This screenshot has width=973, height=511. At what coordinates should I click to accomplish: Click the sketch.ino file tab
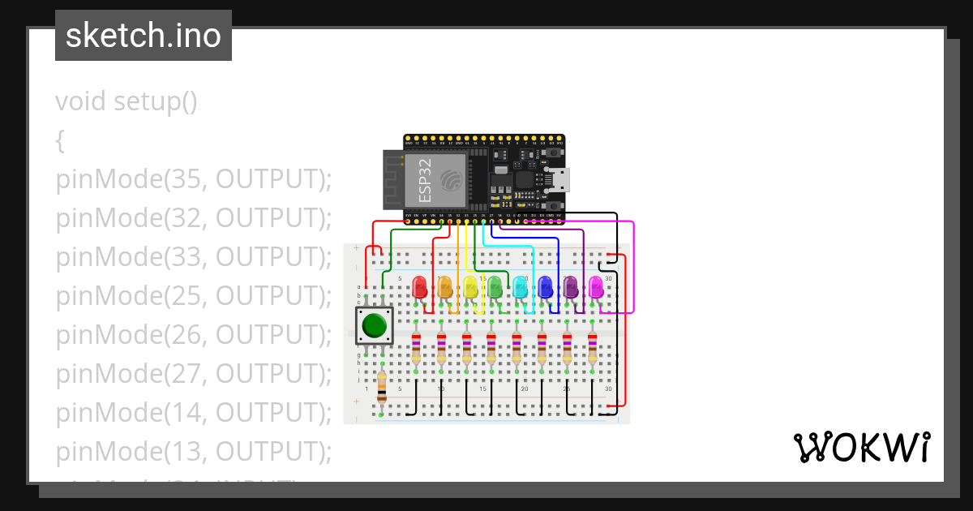pos(144,36)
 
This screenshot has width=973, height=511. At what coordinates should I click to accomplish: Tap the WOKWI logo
pos(861,447)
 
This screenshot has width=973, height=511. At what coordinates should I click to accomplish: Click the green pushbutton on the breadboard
pos(374,325)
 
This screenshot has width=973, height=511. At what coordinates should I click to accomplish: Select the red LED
pos(420,286)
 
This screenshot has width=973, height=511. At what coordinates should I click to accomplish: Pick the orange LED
pos(445,286)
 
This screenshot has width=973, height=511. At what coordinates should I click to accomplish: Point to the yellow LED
pos(470,286)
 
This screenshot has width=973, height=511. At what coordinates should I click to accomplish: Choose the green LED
pos(495,286)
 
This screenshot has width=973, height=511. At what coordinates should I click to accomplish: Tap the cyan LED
pos(520,286)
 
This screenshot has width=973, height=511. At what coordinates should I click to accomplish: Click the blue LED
pos(545,286)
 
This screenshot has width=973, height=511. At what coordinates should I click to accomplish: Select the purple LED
pos(570,286)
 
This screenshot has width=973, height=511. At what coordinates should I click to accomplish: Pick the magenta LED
pos(595,286)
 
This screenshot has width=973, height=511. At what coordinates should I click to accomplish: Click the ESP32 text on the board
pos(425,180)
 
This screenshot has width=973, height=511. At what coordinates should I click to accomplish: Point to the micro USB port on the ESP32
pos(559,179)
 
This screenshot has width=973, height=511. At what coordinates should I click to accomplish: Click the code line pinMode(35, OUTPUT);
pos(194,179)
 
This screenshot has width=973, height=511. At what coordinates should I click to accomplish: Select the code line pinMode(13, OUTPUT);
pos(194,451)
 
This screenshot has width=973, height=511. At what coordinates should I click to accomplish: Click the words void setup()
pos(126,102)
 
